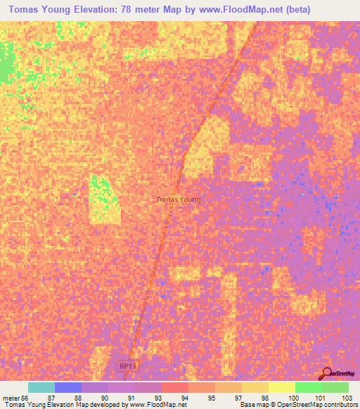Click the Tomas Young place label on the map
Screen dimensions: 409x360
[x=178, y=200]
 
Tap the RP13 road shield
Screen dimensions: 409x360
[x=127, y=366]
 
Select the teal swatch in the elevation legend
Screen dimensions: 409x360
[x=41, y=387]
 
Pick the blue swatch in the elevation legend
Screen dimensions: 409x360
[x=67, y=387]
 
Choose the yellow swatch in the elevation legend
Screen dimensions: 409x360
[x=281, y=387]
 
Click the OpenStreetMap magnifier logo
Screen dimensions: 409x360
[x=326, y=373]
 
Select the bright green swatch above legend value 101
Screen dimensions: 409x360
[x=308, y=387]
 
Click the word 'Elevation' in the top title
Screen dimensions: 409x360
[x=81, y=10]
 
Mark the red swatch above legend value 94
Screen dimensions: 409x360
[x=174, y=387]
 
